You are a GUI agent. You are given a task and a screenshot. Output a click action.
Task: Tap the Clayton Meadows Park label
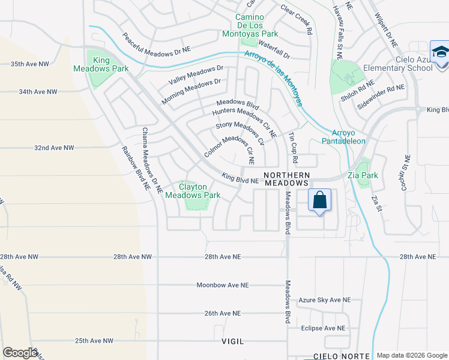point(193,191)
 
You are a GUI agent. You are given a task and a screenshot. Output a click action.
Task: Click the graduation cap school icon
point(439,50)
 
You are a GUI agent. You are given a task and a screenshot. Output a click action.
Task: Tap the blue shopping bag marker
point(319,200)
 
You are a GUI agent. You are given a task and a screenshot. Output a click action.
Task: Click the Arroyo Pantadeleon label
point(349,137)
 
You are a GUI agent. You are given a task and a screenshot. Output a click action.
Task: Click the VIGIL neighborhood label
point(232,341)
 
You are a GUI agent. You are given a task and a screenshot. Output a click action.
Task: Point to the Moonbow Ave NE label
point(218,284)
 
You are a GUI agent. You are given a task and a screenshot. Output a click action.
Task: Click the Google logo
point(20,353)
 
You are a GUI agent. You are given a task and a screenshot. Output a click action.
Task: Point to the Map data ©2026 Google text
point(411,355)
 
